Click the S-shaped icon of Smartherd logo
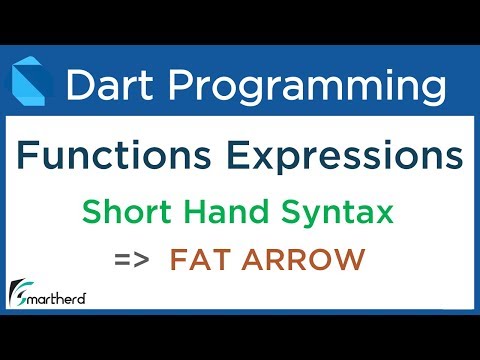[18, 294]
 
